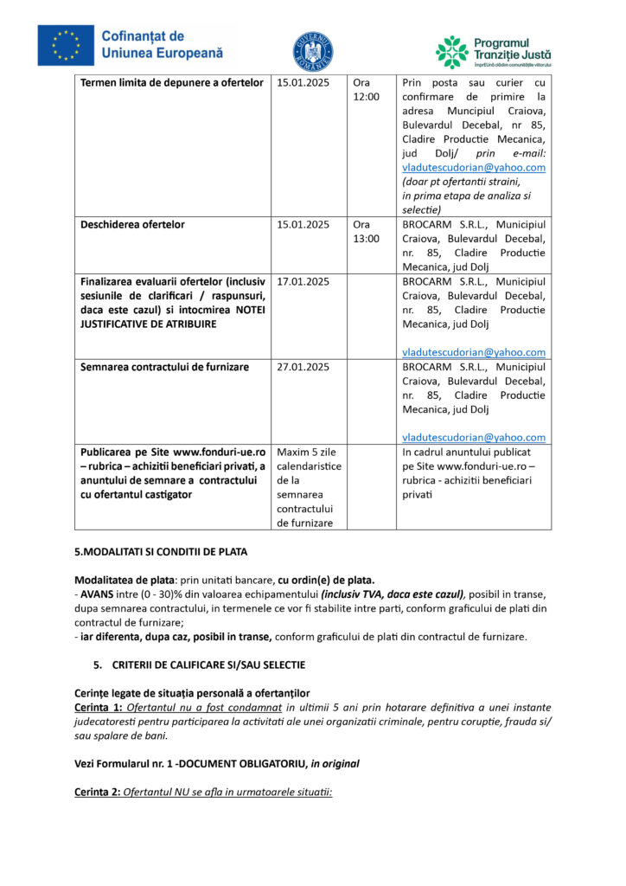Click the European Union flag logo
pos(66,45)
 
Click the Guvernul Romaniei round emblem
pos(312,50)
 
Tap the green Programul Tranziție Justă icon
pos(451,52)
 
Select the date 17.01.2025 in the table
pos(303,281)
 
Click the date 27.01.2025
pos(303,367)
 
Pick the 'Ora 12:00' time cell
pos(366,89)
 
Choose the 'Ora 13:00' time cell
pos(366,231)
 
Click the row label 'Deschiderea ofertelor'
pos(132,225)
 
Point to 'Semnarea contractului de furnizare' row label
pos(164,367)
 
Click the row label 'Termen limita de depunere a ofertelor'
pos(171,83)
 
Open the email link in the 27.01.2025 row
pos(474,438)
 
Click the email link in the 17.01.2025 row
pos(474,352)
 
